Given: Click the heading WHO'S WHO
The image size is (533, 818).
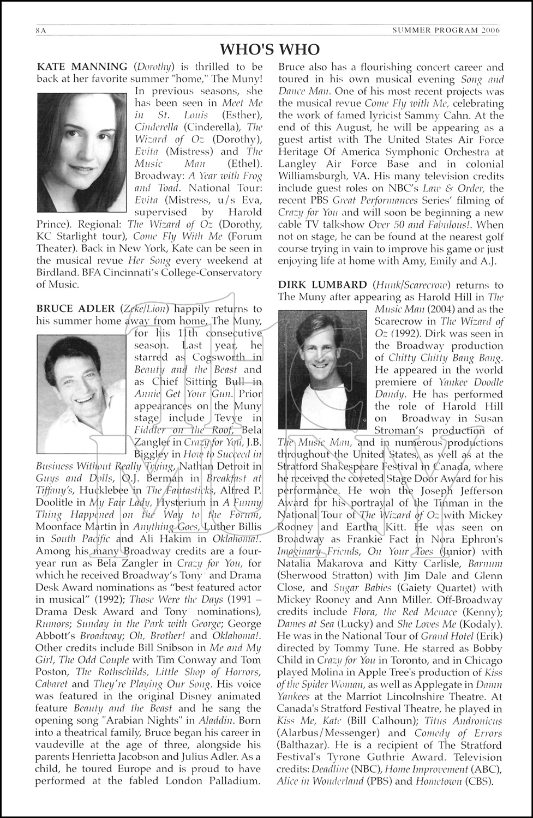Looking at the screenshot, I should pos(266,50).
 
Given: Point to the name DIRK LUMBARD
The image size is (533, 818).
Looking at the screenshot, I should pos(322,285).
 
